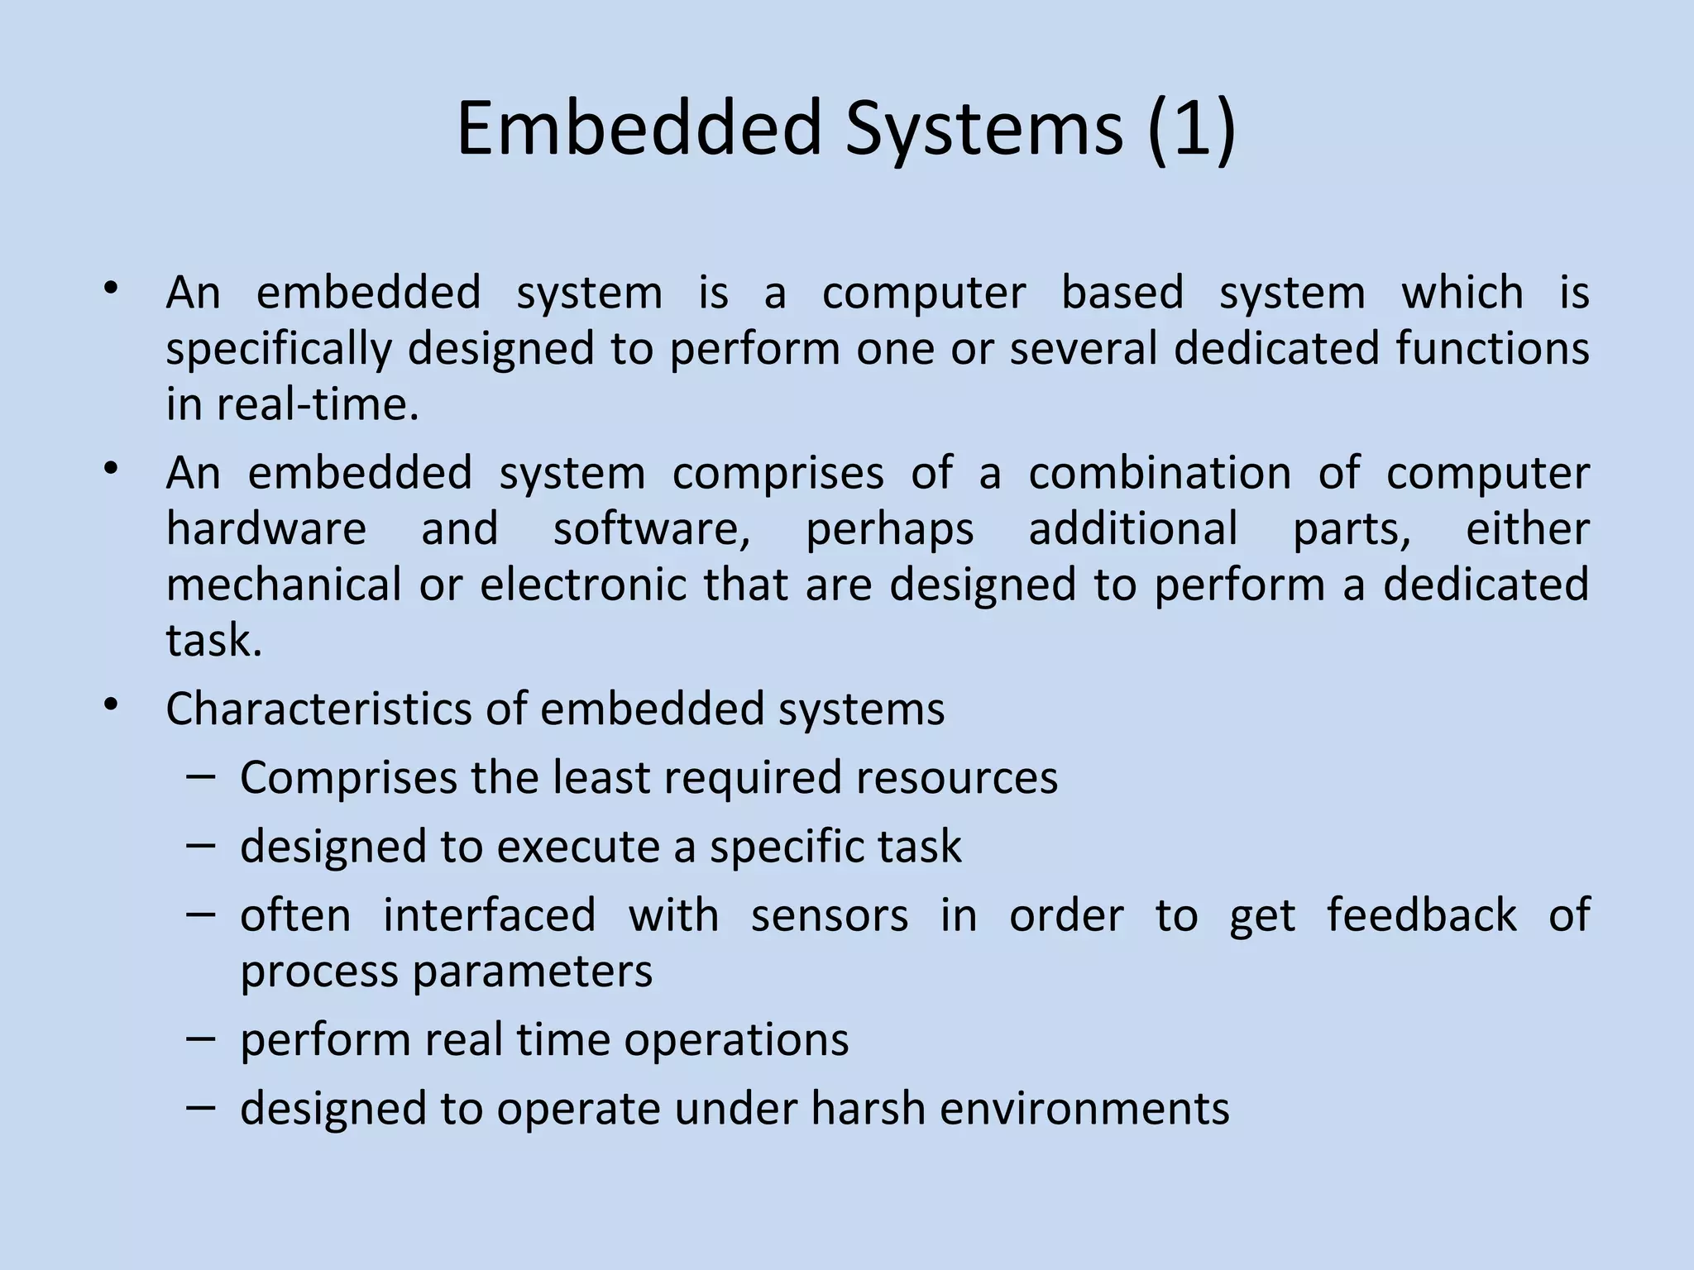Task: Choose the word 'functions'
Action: click(1492, 348)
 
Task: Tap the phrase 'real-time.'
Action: click(318, 405)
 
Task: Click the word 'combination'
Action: click(1159, 474)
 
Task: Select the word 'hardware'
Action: click(266, 529)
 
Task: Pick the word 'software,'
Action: click(652, 529)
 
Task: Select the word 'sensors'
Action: click(829, 916)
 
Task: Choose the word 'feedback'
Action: click(1421, 915)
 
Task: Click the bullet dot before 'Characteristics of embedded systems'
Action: click(112, 704)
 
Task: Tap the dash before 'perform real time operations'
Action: click(201, 1038)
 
